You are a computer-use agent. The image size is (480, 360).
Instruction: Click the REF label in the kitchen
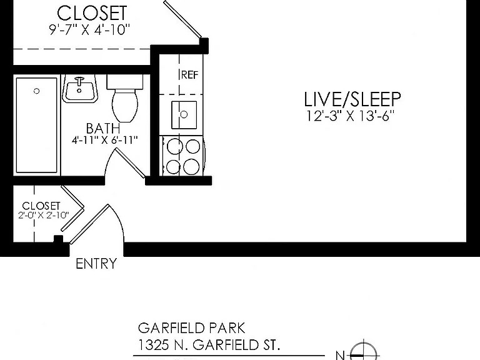[x=190, y=75]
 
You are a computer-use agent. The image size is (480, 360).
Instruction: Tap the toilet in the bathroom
[x=125, y=98]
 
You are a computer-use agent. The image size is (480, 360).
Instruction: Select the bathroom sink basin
[x=79, y=89]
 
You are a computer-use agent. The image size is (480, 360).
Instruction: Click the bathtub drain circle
[x=37, y=91]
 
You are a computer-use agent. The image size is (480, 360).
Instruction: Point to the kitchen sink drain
[x=184, y=114]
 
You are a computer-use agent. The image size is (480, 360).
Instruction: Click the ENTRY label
[x=96, y=264]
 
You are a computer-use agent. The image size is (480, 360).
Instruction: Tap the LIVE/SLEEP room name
[x=352, y=99]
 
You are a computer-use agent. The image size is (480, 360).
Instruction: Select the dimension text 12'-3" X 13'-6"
[x=350, y=116]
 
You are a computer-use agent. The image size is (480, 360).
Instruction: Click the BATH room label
[x=103, y=129]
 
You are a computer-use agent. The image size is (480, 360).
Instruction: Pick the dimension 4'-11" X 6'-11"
[x=105, y=140]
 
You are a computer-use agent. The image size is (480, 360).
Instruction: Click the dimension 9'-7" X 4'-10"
[x=90, y=30]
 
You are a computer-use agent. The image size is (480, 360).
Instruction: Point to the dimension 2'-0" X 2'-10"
[x=44, y=215]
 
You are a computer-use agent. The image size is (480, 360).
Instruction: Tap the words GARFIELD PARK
[x=192, y=328]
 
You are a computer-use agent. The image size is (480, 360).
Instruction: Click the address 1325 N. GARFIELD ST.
[x=209, y=345]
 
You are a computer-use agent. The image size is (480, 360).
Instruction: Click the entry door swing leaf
[x=89, y=224]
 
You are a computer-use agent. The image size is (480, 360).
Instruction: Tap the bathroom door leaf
[x=130, y=163]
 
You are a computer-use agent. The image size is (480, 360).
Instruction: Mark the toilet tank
[x=125, y=82]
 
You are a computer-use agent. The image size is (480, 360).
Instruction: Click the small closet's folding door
[x=72, y=208]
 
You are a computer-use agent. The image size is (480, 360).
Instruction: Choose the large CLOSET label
[x=92, y=13]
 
